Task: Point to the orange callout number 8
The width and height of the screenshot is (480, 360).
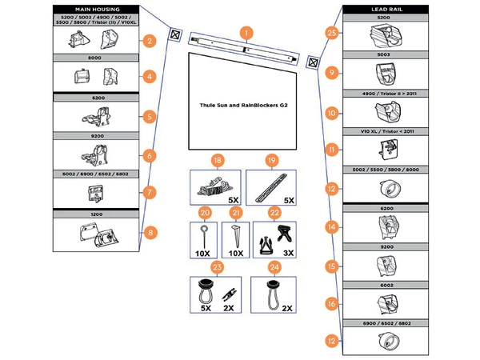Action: [150, 234]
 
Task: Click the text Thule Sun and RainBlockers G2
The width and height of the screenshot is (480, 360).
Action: [242, 105]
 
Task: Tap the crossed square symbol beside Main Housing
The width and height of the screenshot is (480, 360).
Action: [174, 34]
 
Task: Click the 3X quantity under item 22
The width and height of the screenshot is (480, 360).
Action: [287, 252]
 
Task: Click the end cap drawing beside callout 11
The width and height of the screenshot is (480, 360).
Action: [382, 148]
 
